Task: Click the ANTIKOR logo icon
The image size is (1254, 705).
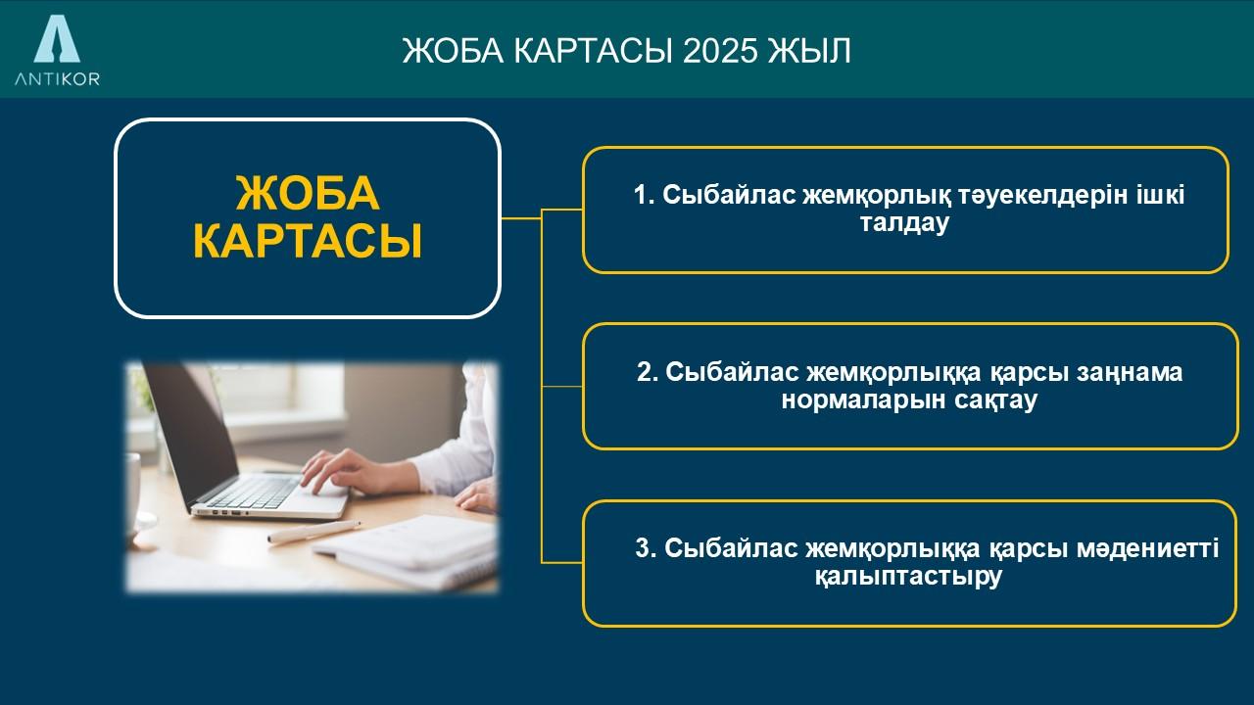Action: tap(57, 38)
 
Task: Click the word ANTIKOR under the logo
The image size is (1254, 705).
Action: tap(57, 79)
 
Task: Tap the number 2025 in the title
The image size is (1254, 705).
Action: tap(720, 51)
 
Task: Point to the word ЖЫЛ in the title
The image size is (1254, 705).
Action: tap(809, 51)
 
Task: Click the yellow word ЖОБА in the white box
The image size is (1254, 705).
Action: tap(308, 194)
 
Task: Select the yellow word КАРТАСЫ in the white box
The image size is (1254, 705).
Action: tap(308, 241)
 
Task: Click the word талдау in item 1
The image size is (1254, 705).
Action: tap(904, 222)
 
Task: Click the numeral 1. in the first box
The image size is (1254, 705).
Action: tap(644, 195)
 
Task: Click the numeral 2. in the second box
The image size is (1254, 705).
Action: tap(648, 372)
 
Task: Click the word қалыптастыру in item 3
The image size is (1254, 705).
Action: tap(908, 577)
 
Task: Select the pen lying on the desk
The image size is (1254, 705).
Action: tap(313, 532)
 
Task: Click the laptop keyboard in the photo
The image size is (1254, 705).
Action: tap(255, 493)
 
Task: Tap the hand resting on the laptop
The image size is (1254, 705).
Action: tap(359, 473)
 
